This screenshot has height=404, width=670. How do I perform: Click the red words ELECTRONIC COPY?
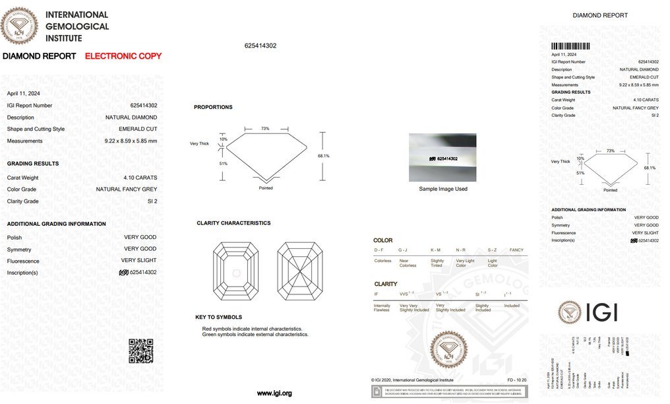coord(123,56)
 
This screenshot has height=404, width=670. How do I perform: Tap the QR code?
coord(140,351)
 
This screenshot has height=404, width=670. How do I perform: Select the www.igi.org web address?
coord(274,393)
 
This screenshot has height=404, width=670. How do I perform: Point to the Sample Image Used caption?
coord(443,189)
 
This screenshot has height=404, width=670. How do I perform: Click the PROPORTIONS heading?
coord(213,107)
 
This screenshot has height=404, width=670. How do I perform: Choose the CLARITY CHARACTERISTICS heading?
coord(233,223)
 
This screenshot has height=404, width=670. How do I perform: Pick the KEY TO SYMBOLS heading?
coord(218,317)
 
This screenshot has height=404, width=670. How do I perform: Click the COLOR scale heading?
coord(382,240)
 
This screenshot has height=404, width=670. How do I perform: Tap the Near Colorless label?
coord(408,263)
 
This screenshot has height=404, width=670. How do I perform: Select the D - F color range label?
coord(379,250)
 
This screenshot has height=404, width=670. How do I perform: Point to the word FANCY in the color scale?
coord(516,250)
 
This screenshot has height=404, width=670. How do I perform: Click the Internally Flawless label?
coord(382,308)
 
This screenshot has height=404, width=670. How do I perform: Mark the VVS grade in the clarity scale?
coord(406,293)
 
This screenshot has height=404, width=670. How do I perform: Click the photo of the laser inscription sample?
coord(442,158)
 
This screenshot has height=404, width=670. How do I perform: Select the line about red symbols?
coord(252,329)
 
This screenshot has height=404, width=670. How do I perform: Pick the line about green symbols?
coord(255,335)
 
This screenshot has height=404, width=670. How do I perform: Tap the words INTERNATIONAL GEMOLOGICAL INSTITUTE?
coord(77,26)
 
